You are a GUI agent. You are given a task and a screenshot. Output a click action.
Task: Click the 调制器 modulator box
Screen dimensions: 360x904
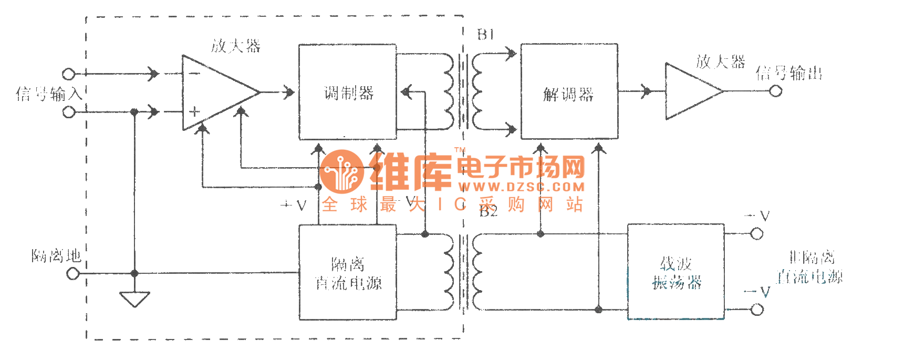(347, 92)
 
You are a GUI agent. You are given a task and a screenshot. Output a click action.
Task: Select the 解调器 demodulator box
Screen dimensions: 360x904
(569, 92)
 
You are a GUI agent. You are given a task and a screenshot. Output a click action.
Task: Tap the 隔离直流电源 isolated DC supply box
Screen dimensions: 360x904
(347, 273)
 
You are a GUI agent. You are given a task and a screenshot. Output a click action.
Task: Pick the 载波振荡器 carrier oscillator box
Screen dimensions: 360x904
(676, 272)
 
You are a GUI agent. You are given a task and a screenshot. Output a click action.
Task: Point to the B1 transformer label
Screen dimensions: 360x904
(485, 35)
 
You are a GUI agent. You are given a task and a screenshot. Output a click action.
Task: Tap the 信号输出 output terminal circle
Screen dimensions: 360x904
(775, 91)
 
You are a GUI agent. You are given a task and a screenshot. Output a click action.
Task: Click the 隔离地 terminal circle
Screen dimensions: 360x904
(74, 273)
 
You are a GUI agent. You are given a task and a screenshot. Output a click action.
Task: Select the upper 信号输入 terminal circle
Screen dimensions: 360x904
(69, 74)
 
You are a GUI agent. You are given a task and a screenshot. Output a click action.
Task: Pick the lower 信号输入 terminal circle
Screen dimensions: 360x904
(69, 112)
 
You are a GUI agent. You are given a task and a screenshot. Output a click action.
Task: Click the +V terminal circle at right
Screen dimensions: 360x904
(756, 234)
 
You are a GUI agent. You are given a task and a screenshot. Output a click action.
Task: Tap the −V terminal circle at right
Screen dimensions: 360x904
(756, 310)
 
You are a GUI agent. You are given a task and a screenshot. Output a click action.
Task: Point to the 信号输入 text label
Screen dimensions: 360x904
(49, 94)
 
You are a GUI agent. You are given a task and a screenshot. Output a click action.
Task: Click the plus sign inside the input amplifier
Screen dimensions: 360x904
(194, 111)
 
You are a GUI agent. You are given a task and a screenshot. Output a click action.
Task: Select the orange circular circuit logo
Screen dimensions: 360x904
(341, 172)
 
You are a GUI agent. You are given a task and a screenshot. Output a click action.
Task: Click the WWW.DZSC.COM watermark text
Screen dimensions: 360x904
(521, 187)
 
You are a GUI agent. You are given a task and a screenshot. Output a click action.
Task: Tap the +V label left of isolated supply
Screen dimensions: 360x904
(293, 205)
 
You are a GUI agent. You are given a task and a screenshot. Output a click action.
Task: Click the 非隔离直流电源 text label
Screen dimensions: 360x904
(810, 267)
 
